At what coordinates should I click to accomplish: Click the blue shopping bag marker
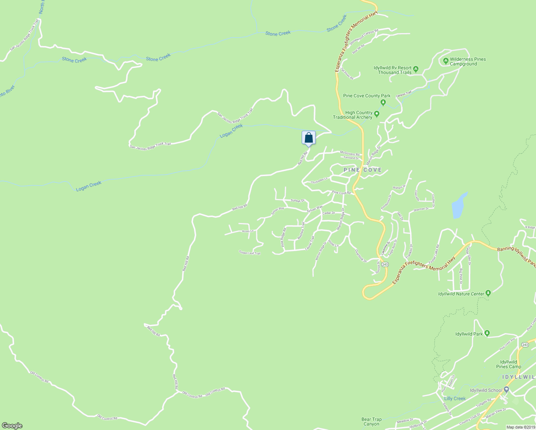point(308,138)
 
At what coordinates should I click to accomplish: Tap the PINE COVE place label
point(362,170)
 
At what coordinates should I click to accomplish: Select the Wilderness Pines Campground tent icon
point(446,61)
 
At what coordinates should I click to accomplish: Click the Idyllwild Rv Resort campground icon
point(416,68)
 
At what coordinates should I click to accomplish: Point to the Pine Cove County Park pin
point(383,103)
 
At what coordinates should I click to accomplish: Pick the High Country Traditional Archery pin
point(377,114)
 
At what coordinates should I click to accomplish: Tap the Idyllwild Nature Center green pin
point(488,293)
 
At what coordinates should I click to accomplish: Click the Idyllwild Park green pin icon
point(487,333)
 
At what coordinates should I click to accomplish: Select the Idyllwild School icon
point(506,390)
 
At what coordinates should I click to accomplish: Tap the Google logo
point(12,426)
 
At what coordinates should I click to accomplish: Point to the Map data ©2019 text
point(520,427)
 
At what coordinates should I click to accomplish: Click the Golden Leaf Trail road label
point(250,253)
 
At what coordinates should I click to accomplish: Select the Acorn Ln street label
point(248,231)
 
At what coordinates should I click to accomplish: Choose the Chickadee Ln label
point(319,181)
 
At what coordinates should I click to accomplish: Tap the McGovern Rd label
point(349,154)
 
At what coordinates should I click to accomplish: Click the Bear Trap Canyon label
point(372,421)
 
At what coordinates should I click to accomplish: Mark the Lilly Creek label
point(455,398)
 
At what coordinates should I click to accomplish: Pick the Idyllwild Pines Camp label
point(508,364)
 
